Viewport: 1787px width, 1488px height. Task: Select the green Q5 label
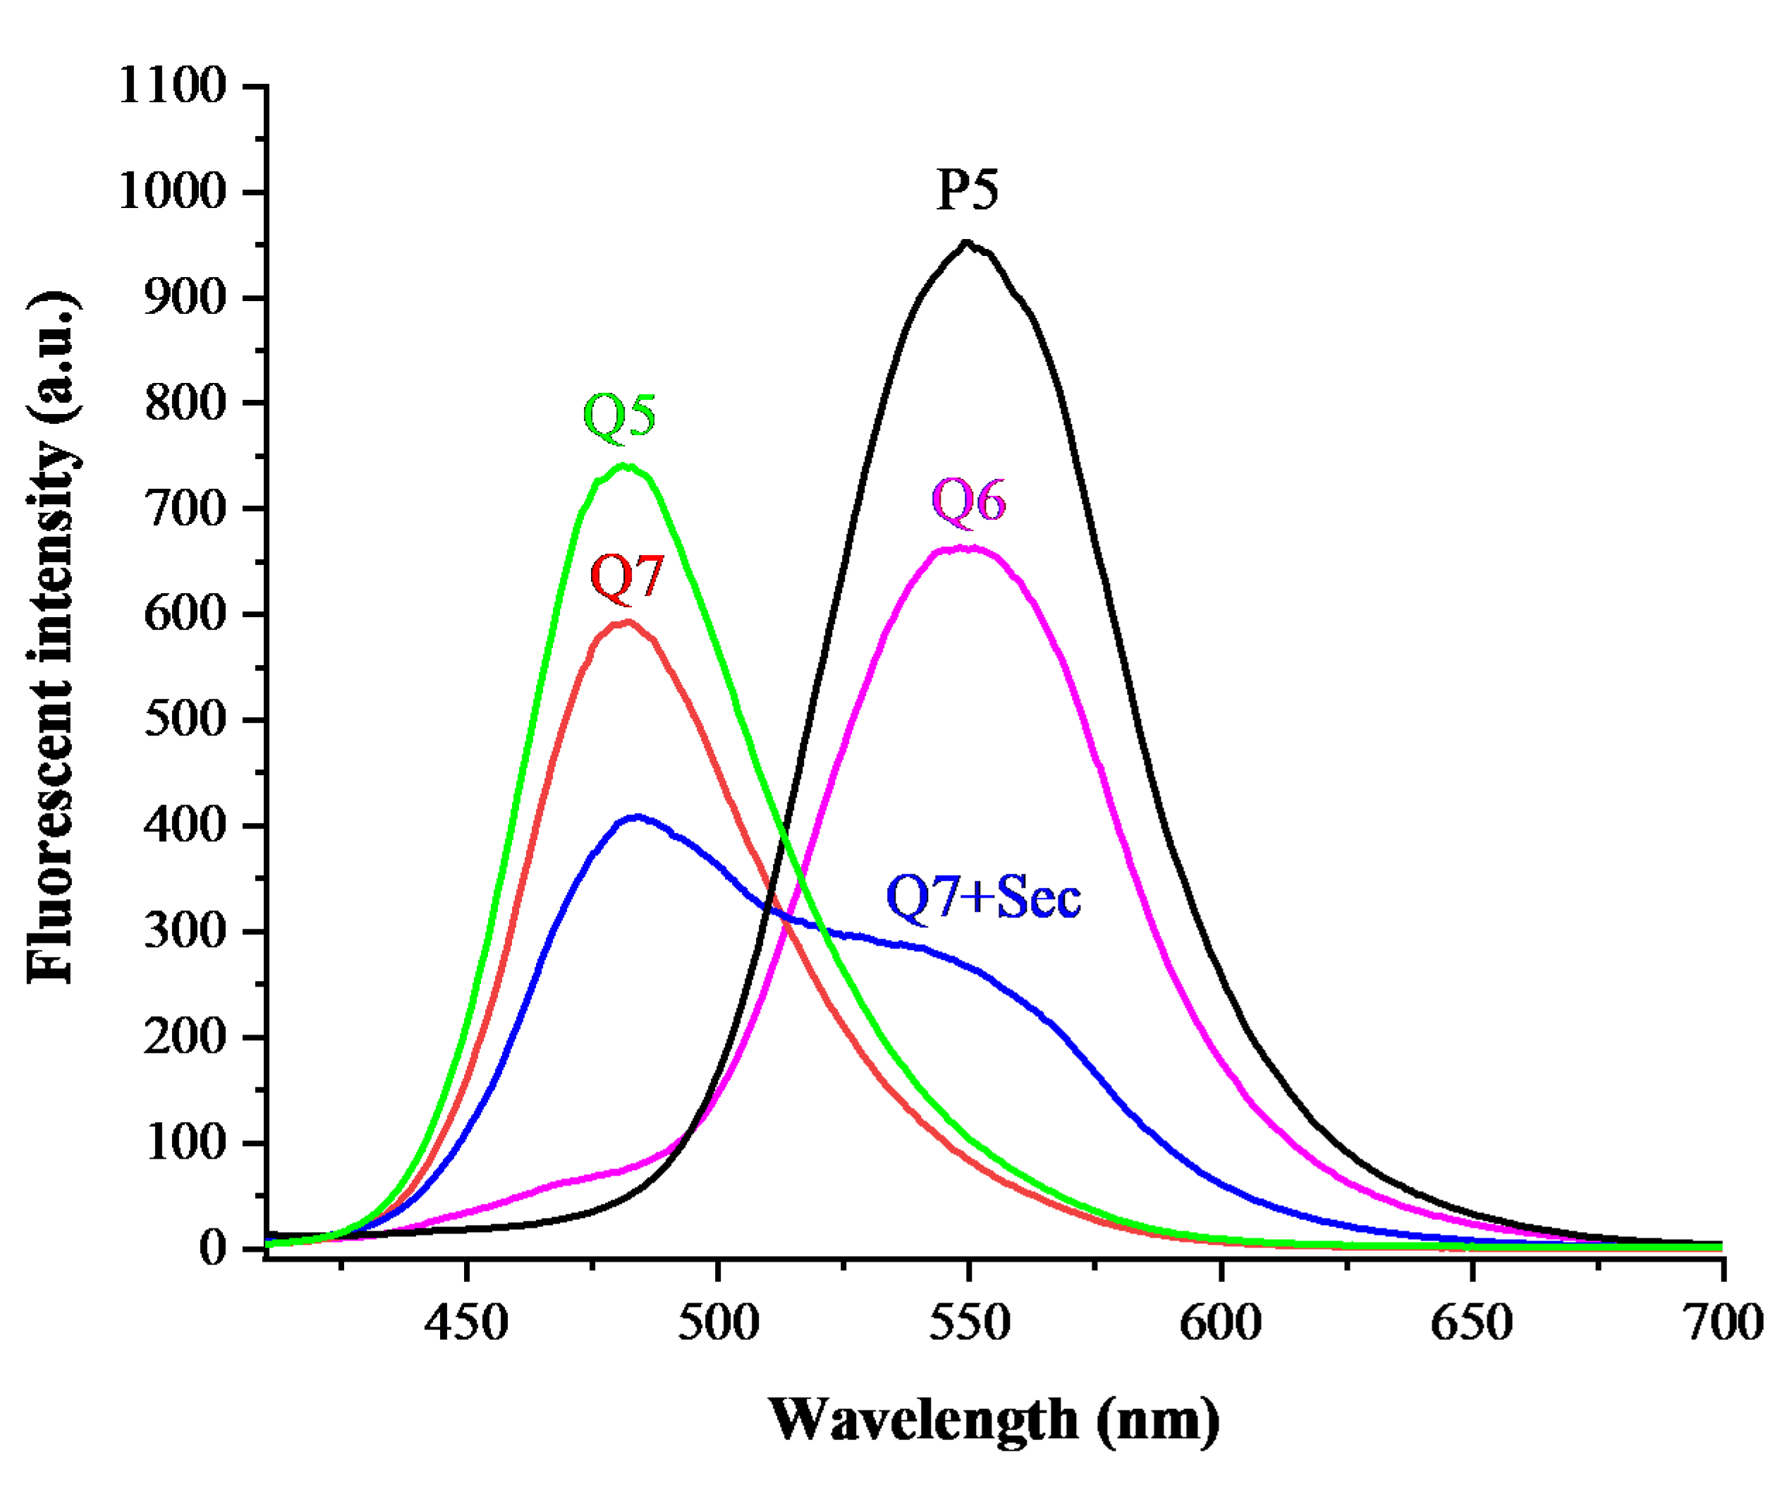coord(619,416)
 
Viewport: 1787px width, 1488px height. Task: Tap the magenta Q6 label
coord(968,500)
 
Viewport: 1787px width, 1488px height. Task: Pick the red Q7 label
coord(626,577)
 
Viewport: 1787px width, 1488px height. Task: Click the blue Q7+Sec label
coord(984,897)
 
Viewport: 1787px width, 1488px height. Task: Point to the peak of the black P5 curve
coord(967,243)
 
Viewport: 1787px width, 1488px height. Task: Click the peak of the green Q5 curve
coord(626,465)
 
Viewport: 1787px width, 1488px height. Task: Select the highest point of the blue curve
coord(637,817)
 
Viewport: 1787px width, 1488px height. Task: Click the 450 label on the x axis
coord(466,1323)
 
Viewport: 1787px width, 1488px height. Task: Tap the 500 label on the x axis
coord(718,1323)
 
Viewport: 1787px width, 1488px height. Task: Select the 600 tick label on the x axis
coord(1220,1323)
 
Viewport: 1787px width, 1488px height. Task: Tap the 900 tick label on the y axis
coord(185,297)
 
